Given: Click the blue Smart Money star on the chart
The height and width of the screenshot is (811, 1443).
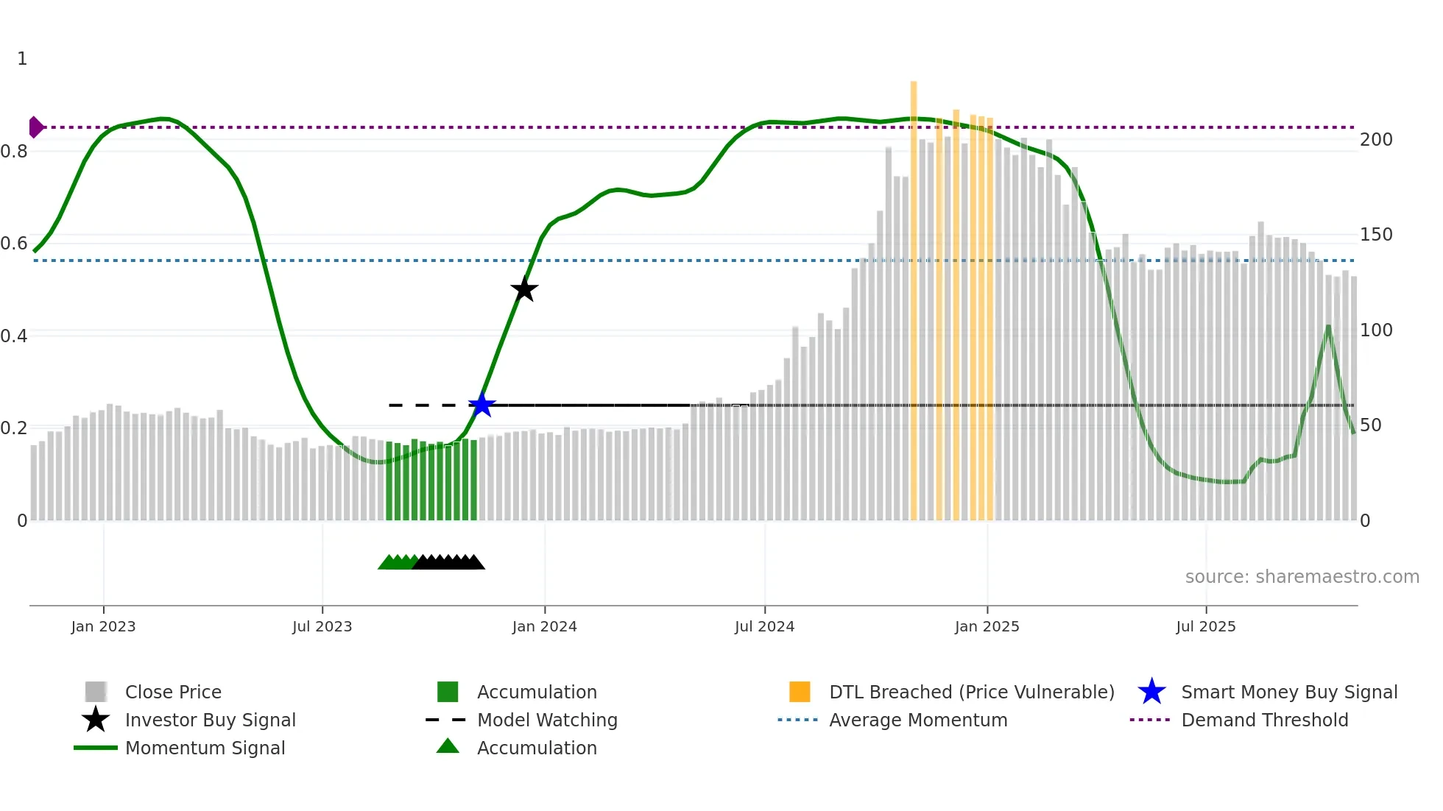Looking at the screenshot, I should [481, 405].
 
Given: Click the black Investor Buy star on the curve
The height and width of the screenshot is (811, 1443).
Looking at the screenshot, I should [524, 289].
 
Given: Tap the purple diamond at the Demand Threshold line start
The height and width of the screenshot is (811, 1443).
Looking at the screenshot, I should [35, 127].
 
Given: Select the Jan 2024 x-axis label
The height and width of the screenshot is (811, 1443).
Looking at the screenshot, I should [544, 626].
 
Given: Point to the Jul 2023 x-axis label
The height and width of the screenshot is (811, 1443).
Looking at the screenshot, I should [322, 626].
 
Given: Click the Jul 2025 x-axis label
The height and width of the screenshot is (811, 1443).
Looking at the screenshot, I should [1205, 626].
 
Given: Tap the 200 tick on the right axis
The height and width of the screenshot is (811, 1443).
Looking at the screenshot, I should [1375, 140].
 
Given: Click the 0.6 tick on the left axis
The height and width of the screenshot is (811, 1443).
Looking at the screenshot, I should [14, 244].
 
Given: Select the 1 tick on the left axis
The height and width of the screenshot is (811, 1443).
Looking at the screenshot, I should [22, 59].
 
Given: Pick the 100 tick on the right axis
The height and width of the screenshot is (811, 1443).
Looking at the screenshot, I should [1375, 330].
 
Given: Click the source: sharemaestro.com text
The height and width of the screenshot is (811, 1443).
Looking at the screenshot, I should [1302, 577].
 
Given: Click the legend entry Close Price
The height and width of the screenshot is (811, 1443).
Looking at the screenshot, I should [173, 692].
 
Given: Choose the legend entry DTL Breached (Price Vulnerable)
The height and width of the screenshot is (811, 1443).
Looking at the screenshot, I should [971, 692].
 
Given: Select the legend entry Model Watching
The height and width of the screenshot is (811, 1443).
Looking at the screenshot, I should [547, 720].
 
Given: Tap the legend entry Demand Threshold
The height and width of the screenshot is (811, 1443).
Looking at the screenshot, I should [1264, 720].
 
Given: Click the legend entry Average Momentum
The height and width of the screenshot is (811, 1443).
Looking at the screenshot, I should [918, 720].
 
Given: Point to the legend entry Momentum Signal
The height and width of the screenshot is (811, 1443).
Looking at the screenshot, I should [205, 748].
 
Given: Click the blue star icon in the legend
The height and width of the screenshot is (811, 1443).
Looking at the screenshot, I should [1151, 692].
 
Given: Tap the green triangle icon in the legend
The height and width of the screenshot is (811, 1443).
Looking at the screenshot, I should [448, 746].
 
